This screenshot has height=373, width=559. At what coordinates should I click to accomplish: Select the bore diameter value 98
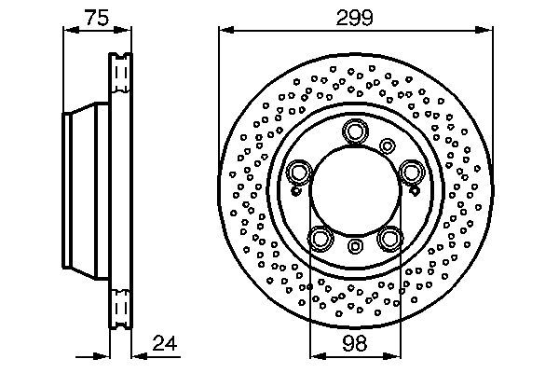coord(354,343)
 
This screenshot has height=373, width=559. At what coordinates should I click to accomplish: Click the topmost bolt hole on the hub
coord(354,131)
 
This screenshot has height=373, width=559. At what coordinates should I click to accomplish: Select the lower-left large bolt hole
coord(320,239)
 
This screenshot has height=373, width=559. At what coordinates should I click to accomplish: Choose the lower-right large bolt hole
coord(389,239)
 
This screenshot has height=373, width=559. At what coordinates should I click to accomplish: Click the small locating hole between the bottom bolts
coord(355,247)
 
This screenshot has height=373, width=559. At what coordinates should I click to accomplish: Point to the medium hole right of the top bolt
coord(387,145)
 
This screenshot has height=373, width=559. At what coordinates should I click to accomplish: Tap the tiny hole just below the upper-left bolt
coord(296,192)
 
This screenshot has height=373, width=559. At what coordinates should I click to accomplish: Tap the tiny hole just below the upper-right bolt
coord(413,192)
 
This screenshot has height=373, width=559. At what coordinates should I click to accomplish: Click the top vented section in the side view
coord(120,74)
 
